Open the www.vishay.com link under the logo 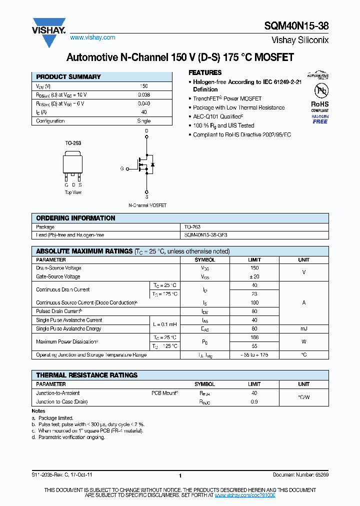(92, 37)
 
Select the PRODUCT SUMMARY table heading (68, 77)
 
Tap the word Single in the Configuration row (143, 121)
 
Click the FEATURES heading (205, 72)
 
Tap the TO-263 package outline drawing (73, 165)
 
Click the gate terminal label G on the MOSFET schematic (121, 168)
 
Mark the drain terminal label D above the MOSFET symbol (146, 131)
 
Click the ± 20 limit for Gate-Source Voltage (254, 276)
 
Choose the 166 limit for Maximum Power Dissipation (254, 337)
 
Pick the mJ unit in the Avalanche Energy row (303, 329)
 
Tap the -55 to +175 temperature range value (254, 355)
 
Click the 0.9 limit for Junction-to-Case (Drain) (254, 402)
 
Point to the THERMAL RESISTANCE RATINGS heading (86, 375)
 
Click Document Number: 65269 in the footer (300, 474)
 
